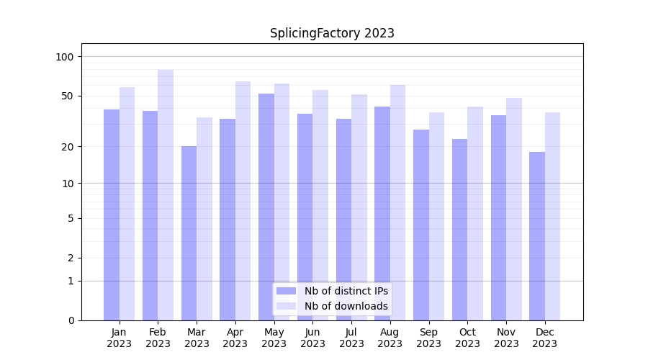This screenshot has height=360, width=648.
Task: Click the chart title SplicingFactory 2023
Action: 332,33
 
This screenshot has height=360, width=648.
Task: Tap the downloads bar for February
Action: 166,194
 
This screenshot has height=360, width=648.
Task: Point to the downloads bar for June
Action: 320,204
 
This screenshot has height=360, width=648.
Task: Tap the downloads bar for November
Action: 514,209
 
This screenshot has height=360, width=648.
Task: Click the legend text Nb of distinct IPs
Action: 346,291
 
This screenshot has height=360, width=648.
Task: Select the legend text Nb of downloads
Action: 346,306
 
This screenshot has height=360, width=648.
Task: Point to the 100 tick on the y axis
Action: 65,57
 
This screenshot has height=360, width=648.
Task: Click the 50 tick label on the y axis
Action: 68,96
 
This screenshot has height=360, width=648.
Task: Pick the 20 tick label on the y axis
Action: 68,147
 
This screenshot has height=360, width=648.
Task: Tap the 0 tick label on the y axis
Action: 71,320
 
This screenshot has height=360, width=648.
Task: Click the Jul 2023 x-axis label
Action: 351,338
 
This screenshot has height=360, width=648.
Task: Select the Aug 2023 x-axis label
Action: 390,338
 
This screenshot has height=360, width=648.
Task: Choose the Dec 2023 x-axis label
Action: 545,338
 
